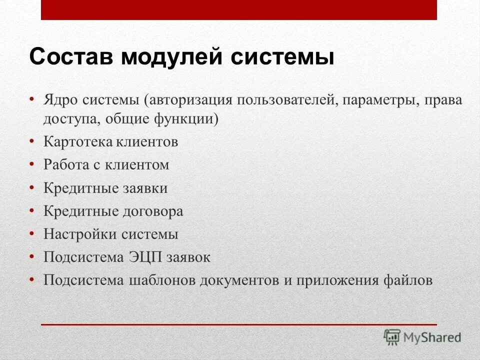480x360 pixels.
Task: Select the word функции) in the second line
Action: [193, 119]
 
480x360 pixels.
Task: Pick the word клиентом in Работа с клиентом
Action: [137, 165]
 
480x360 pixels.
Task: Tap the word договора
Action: [152, 211]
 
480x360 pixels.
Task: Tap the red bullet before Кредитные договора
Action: [32, 211]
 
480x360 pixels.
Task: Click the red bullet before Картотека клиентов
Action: [32, 141]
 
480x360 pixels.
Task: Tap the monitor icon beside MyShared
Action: [392, 337]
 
